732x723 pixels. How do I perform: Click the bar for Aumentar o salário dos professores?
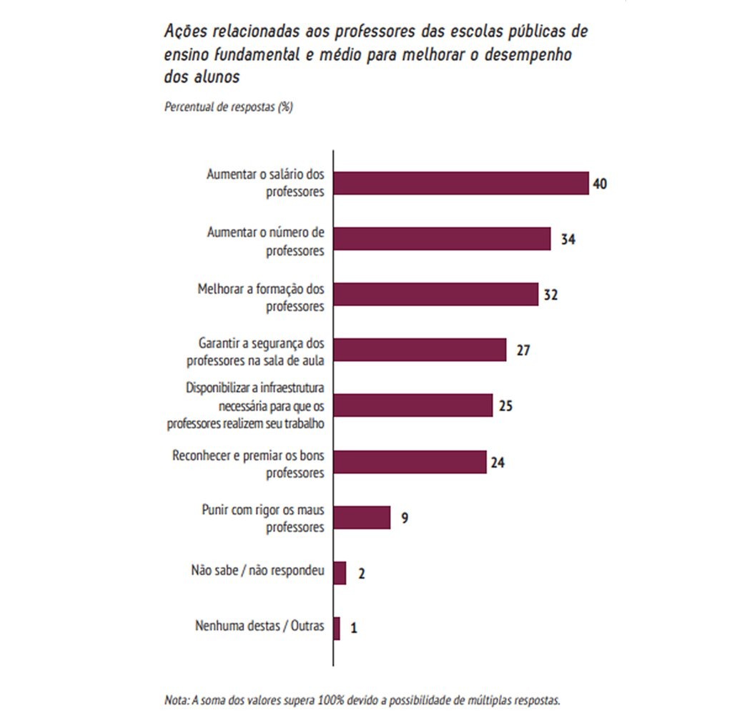pyautogui.click(x=461, y=184)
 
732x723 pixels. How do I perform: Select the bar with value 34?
pyautogui.click(x=442, y=239)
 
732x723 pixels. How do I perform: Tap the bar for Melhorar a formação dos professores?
pyautogui.click(x=435, y=294)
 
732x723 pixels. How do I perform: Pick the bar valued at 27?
pyautogui.click(x=420, y=350)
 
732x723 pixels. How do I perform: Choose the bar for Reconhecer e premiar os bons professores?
pyautogui.click(x=410, y=461)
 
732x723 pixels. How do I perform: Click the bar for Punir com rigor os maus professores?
pyautogui.click(x=362, y=517)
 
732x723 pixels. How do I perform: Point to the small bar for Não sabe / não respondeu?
pyautogui.click(x=340, y=573)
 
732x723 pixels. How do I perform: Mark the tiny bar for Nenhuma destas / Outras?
pyautogui.click(x=337, y=628)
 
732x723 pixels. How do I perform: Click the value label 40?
pyautogui.click(x=600, y=184)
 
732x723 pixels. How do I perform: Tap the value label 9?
pyautogui.click(x=404, y=517)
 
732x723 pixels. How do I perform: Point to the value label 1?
pyautogui.click(x=354, y=629)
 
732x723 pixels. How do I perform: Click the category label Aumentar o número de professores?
pyautogui.click(x=266, y=241)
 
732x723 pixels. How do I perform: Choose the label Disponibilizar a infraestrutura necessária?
pyautogui.click(x=246, y=405)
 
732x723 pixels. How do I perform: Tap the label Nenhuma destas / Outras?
pyautogui.click(x=259, y=626)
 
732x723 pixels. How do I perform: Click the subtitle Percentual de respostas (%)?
pyautogui.click(x=229, y=107)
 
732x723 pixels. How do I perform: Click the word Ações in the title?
pyautogui.click(x=182, y=31)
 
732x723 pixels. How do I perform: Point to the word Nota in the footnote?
pyautogui.click(x=176, y=699)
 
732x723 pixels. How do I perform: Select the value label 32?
pyautogui.click(x=550, y=295)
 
